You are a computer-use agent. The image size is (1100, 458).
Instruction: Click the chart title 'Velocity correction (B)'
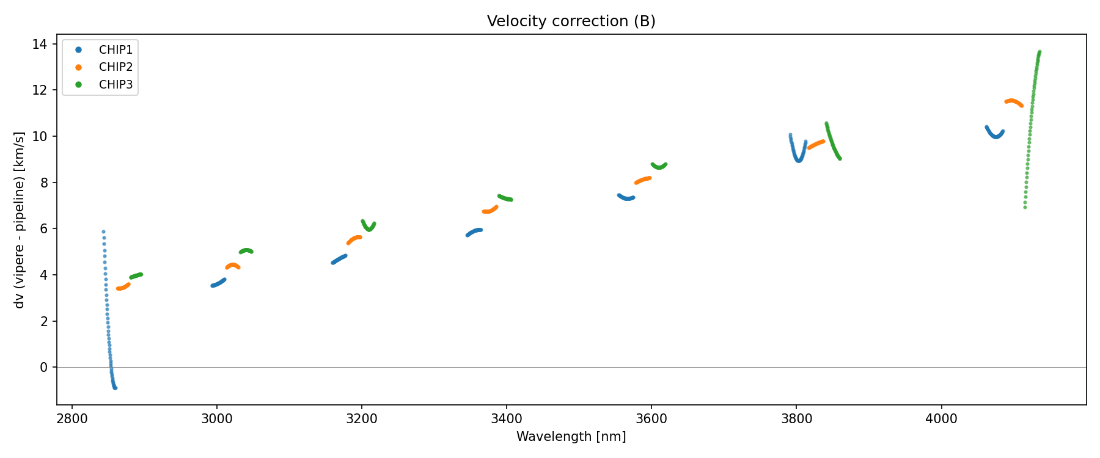(571, 21)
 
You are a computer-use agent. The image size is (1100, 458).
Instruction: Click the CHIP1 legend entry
(116, 49)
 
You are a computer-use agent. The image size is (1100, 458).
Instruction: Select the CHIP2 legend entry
(116, 67)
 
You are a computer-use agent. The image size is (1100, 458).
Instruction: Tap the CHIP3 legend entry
(116, 85)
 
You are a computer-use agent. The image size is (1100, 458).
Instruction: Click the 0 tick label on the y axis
(43, 367)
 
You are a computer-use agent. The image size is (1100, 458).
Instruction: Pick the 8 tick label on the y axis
(43, 183)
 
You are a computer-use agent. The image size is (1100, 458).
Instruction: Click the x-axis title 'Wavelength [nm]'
(571, 437)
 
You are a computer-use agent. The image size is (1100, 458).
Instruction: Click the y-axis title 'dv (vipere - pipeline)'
(20, 220)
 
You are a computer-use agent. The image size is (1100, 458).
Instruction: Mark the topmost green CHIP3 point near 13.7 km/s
(1039, 52)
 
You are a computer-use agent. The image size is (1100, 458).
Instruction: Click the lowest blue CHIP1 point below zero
(115, 388)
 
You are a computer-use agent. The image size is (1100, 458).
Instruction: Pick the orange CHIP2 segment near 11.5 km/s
(1013, 101)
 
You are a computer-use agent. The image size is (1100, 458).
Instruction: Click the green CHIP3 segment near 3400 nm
(505, 198)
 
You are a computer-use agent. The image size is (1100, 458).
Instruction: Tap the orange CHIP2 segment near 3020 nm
(233, 266)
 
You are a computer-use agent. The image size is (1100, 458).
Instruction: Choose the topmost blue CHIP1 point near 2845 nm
(103, 231)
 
